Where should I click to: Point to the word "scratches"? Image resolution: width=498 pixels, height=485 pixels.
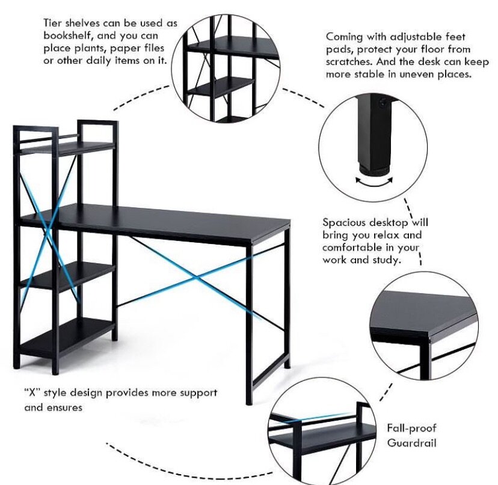tap(349, 62)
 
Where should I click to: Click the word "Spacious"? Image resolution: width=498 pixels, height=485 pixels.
tap(345, 222)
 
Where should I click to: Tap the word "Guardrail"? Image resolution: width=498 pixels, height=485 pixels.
tap(412, 443)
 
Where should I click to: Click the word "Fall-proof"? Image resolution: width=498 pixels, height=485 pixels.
tap(412, 429)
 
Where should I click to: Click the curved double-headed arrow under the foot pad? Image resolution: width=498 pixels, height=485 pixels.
tap(370, 181)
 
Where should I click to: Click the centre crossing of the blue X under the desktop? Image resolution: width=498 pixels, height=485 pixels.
tap(195, 277)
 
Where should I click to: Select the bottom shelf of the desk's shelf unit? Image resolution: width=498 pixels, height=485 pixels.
tap(66, 334)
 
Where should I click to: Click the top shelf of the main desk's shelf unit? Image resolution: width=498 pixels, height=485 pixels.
tap(66, 146)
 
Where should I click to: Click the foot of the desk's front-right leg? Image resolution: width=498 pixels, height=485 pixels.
tap(249, 401)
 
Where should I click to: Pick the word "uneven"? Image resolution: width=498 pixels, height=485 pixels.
tap(426, 75)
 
